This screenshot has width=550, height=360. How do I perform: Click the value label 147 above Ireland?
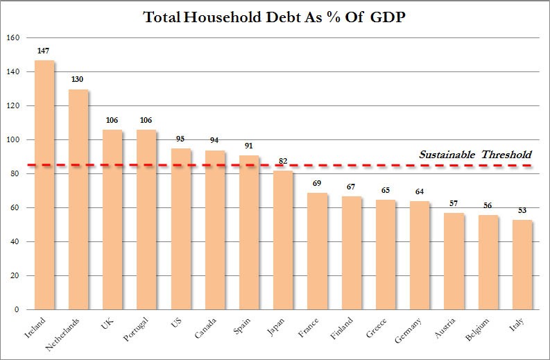click(44, 51)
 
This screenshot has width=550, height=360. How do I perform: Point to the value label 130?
click(78, 80)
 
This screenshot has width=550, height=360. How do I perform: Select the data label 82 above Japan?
click(283, 162)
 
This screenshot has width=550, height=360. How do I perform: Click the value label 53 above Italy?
click(522, 211)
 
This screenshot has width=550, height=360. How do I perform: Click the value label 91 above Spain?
click(249, 146)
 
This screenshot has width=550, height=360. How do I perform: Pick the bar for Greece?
click(386, 255)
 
